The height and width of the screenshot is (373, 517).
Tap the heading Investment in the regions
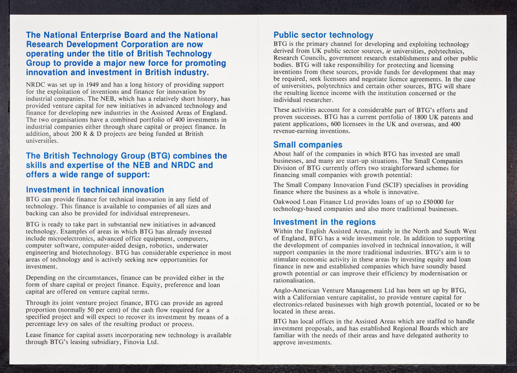(x=324, y=222)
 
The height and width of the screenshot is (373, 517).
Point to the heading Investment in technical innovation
(x=94, y=189)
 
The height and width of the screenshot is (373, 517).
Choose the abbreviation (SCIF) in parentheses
(x=386, y=185)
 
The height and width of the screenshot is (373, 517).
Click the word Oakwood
(x=288, y=202)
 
